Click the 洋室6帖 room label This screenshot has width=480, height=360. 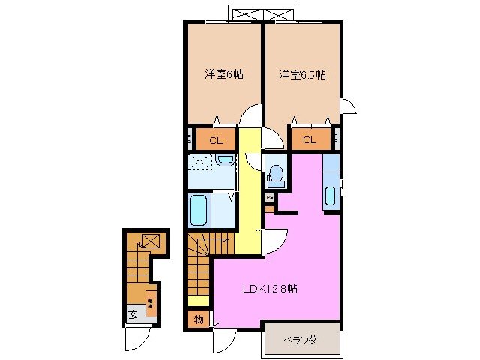224,74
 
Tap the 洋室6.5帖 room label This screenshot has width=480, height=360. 302,74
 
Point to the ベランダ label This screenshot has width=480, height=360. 300,340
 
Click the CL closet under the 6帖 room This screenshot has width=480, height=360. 216,139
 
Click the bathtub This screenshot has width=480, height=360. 198,210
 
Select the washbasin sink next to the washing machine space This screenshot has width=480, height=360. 224,162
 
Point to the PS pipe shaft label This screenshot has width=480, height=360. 268,197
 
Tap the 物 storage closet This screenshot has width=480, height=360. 199,319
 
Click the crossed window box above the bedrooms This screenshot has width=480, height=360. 265,14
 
